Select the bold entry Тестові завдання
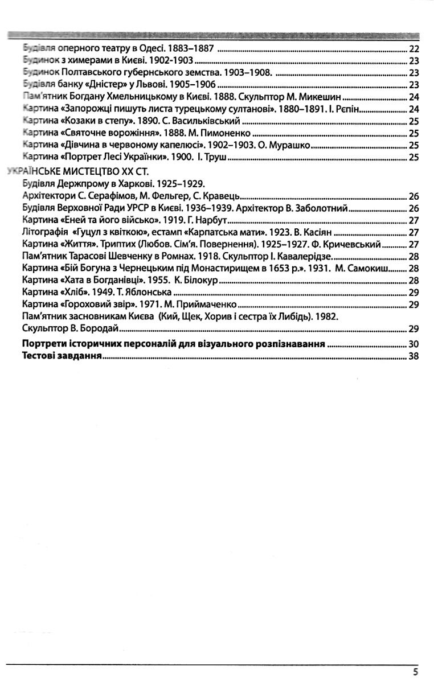62,357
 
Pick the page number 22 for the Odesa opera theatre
414,48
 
